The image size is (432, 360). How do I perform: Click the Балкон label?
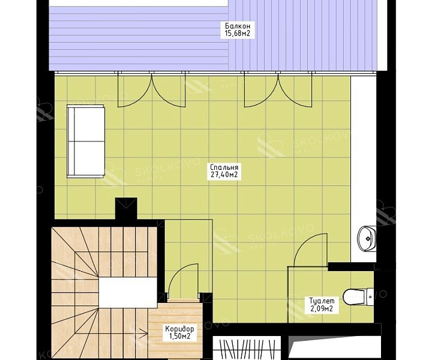[238, 26]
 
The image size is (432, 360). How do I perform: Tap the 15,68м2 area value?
[238, 34]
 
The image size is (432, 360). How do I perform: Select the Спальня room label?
[224, 167]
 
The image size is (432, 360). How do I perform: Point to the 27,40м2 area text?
[224, 175]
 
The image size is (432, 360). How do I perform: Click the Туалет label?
[322, 301]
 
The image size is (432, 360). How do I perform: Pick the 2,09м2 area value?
[322, 308]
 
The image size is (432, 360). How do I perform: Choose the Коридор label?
[179, 329]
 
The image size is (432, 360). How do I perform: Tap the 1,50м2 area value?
[179, 337]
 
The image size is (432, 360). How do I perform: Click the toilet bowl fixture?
[358, 297]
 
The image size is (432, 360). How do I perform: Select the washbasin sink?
[367, 239]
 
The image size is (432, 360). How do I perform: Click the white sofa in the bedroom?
[86, 141]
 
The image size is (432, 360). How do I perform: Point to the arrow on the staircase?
[144, 334]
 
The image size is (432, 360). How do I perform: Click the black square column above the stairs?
[126, 209]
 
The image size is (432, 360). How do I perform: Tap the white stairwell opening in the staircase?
[128, 292]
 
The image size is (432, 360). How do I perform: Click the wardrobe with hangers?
[247, 348]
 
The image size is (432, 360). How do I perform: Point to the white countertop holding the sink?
[364, 169]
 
